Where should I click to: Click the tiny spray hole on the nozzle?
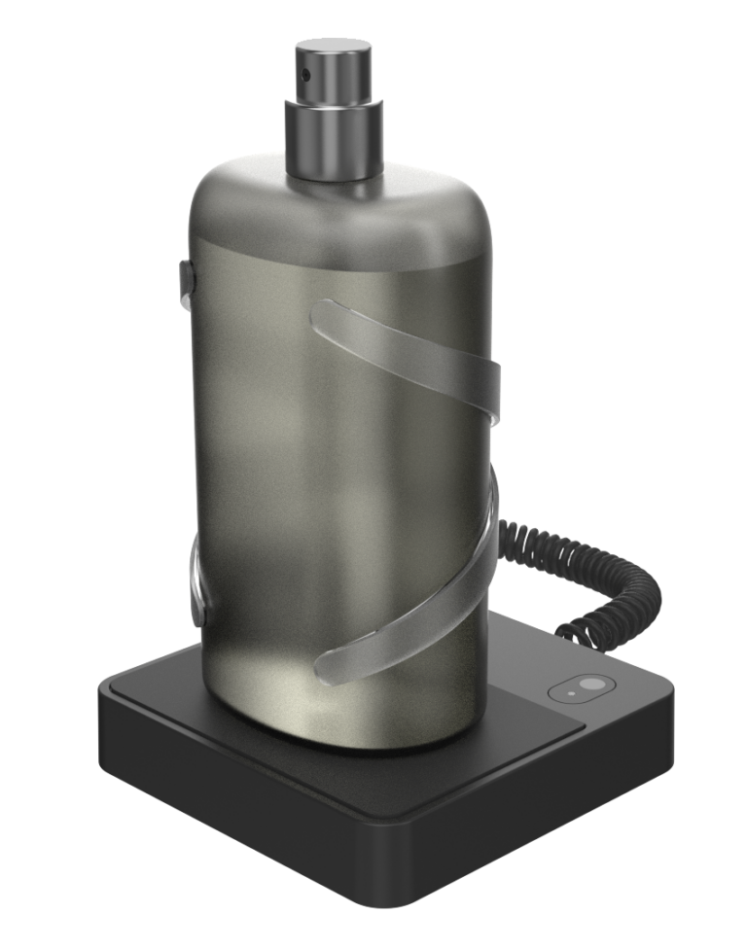pyautogui.click(x=305, y=73)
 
